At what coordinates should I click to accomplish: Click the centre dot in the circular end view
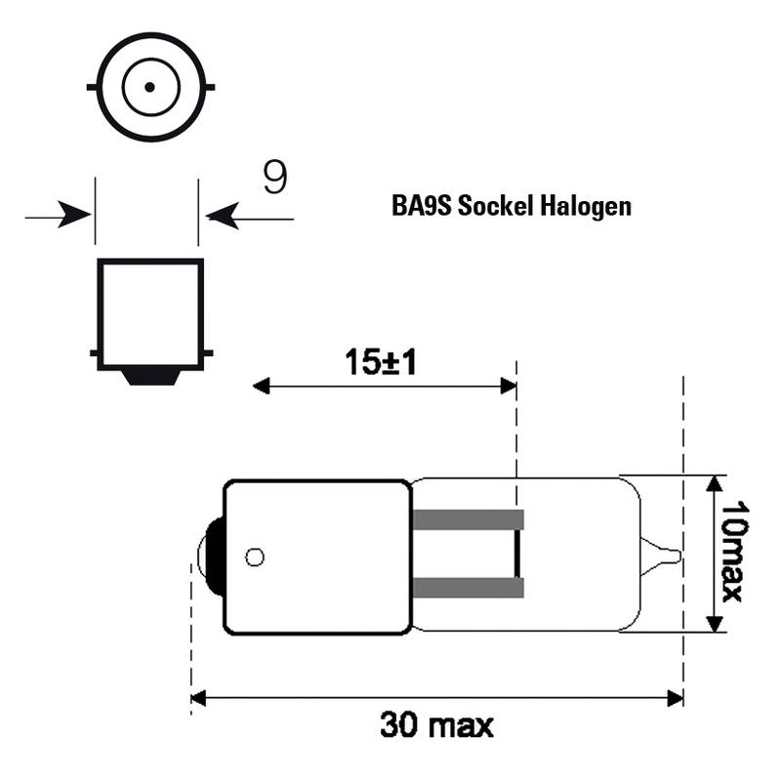(149, 87)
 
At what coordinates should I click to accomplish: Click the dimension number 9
(275, 177)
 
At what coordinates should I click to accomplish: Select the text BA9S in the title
(422, 205)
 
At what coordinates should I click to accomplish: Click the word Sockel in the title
(496, 205)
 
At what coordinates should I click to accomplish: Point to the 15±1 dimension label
(381, 362)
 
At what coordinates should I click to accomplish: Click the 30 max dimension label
(436, 725)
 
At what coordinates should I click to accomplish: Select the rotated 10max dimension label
(735, 552)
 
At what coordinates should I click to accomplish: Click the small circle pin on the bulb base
(255, 556)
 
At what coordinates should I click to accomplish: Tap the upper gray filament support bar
(469, 519)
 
